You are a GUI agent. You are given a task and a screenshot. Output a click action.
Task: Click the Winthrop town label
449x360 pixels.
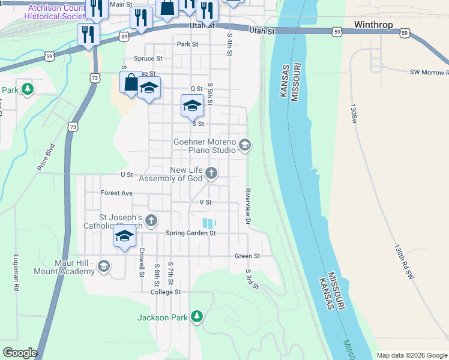click(373, 25)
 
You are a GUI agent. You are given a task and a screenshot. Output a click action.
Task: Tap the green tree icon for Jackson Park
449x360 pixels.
click(196, 316)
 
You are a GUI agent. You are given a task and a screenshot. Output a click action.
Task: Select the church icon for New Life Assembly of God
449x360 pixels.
click(211, 173)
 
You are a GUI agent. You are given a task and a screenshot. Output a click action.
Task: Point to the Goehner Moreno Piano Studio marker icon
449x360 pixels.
click(244, 145)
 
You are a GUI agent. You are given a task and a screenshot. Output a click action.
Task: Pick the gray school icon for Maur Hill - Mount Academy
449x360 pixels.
click(104, 266)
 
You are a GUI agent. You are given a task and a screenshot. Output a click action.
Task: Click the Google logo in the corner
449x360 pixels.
click(20, 352)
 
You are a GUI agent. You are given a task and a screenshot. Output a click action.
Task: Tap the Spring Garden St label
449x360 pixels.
click(190, 233)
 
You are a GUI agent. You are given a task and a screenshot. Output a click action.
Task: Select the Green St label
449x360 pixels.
click(247, 256)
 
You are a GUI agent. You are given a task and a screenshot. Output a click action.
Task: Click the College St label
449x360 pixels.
click(166, 292)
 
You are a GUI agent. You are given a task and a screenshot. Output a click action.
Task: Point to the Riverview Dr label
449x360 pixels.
click(247, 207)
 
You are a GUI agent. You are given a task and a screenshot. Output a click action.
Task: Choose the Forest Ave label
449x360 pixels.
click(116, 193)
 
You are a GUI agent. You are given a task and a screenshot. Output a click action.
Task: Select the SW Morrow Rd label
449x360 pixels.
click(429, 72)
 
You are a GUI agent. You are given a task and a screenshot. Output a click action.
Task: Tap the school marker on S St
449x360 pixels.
click(191, 107)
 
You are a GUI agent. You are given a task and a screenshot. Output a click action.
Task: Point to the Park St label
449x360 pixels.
click(187, 44)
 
